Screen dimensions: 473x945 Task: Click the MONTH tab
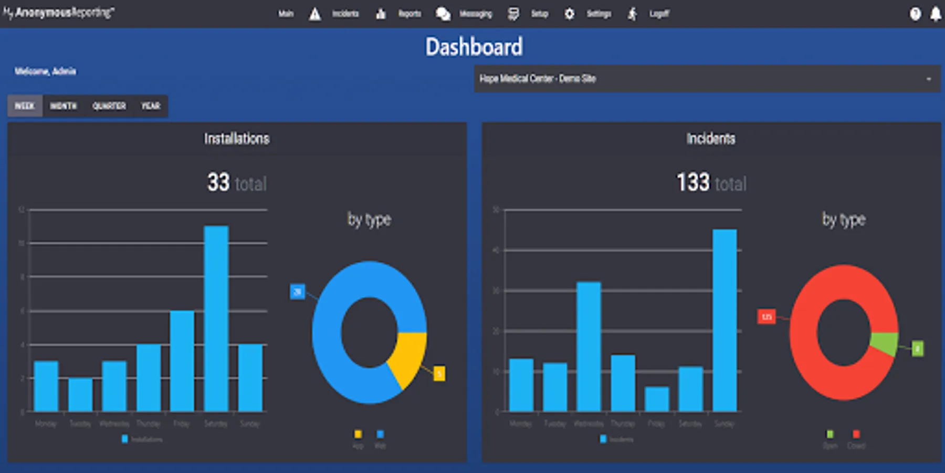(x=63, y=106)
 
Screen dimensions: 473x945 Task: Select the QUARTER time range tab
(x=109, y=106)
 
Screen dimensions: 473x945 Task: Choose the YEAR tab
(x=150, y=106)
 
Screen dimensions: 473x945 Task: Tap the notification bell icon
(x=935, y=14)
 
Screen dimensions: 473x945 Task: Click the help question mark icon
(x=915, y=14)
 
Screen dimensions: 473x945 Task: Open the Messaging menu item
(x=475, y=14)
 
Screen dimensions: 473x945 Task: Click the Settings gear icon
(x=570, y=14)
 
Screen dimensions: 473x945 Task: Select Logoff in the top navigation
(x=659, y=14)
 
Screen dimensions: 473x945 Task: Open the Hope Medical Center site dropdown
(x=707, y=79)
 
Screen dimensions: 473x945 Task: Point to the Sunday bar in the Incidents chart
(x=724, y=320)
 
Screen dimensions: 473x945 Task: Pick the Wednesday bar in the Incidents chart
(x=589, y=346)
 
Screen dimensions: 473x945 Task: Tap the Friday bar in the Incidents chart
(x=657, y=399)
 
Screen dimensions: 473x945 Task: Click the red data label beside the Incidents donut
(x=766, y=317)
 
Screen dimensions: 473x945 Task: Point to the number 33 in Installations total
(x=218, y=182)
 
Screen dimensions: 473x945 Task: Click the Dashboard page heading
(x=474, y=47)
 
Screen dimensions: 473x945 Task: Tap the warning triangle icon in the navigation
(x=315, y=14)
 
